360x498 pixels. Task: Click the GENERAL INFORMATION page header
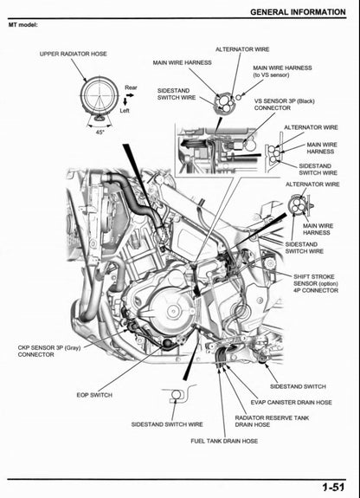(299, 11)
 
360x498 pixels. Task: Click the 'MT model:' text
(25, 24)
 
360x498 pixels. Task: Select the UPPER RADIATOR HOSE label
(74, 54)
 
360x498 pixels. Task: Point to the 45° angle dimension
(100, 132)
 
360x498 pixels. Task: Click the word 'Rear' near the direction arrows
(131, 87)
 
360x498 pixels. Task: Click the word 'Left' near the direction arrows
(125, 110)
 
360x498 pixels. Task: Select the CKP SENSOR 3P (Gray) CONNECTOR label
(49, 351)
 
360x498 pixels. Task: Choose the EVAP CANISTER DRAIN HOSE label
(291, 402)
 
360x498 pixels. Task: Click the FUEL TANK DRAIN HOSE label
(224, 441)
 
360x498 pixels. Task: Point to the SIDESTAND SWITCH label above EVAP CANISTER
(297, 386)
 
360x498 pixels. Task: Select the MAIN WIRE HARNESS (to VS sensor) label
(282, 71)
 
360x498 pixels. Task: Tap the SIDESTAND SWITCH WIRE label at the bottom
(167, 424)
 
